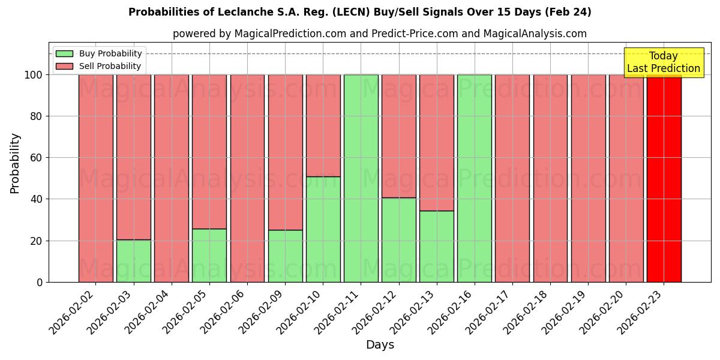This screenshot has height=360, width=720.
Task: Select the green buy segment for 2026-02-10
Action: tap(323, 229)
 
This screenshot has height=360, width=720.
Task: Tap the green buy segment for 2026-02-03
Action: tap(134, 261)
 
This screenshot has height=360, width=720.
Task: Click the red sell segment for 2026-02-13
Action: tap(437, 142)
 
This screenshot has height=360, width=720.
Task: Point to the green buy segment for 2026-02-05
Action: tap(209, 256)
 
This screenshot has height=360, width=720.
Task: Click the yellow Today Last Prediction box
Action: tap(663, 62)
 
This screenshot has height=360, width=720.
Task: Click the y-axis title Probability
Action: tap(14, 163)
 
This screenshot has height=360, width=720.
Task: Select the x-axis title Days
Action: tap(380, 345)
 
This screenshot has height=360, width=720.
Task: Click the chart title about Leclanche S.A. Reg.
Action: tap(359, 12)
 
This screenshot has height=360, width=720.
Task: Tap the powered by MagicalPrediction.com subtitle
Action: tap(379, 34)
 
